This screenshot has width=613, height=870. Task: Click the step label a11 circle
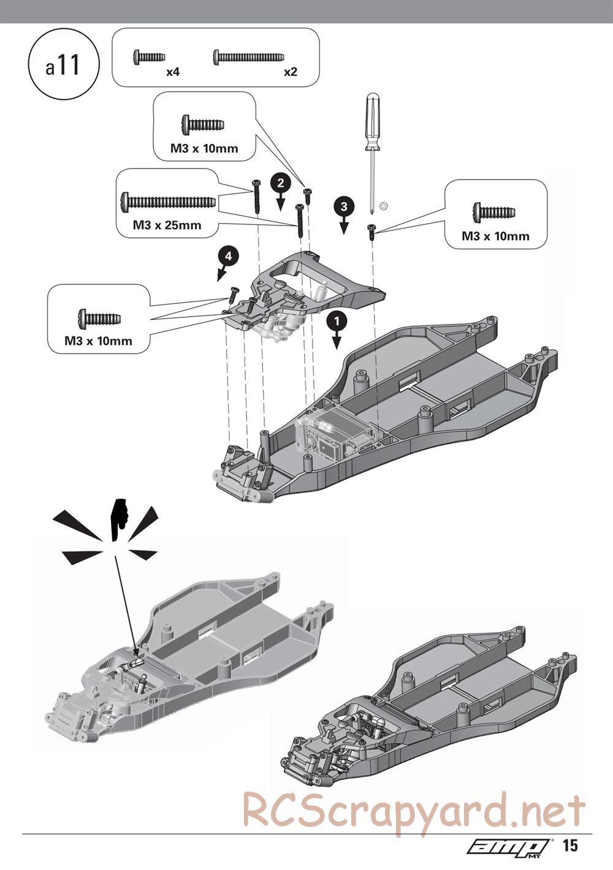click(63, 66)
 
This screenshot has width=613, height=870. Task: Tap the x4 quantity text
click(172, 72)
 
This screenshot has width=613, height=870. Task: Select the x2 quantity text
click(291, 72)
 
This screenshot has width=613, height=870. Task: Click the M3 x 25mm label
click(167, 225)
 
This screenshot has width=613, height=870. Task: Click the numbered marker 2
click(280, 183)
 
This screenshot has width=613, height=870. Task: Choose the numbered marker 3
click(343, 206)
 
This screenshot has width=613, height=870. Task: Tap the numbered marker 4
click(228, 256)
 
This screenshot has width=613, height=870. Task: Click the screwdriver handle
click(371, 120)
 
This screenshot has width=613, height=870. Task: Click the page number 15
click(569, 846)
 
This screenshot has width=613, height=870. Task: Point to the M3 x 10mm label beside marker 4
click(98, 341)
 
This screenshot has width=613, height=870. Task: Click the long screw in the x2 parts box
click(248, 57)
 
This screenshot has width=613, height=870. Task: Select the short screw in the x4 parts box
click(148, 57)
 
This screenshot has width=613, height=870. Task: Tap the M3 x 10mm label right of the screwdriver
click(495, 236)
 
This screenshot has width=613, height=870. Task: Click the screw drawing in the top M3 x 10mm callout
click(202, 125)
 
